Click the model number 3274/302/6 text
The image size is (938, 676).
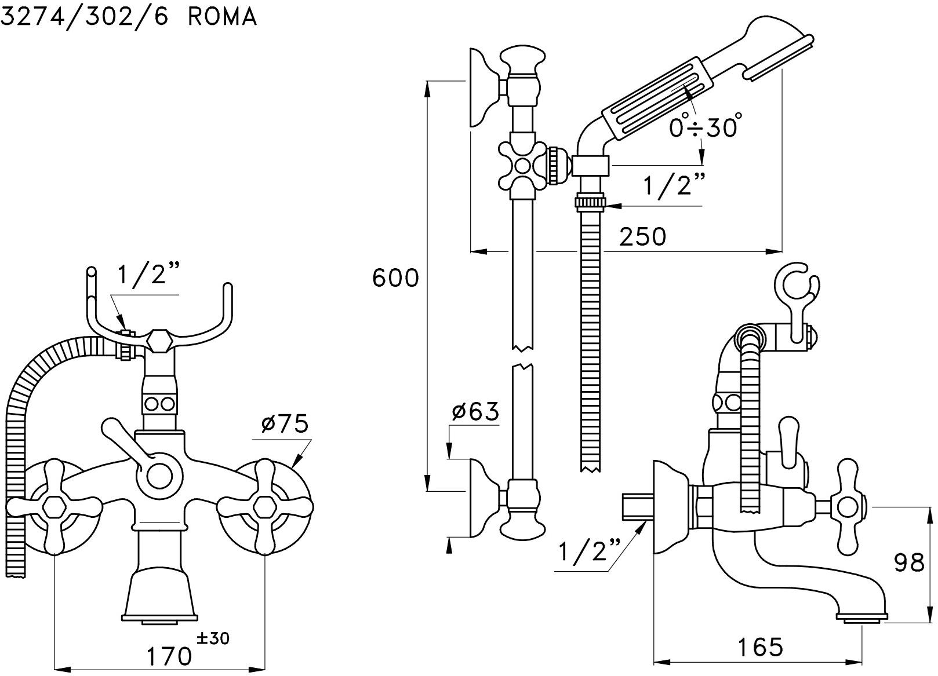(84, 17)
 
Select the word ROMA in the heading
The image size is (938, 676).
(222, 17)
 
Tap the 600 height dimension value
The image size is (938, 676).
(395, 278)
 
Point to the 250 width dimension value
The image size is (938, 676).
(643, 236)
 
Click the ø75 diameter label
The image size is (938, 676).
(284, 425)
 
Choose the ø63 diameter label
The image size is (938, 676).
(475, 411)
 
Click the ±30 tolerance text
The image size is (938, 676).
(213, 638)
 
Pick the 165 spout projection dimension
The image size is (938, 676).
(760, 647)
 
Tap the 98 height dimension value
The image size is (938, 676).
(909, 562)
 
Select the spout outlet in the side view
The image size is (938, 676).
(862, 619)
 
